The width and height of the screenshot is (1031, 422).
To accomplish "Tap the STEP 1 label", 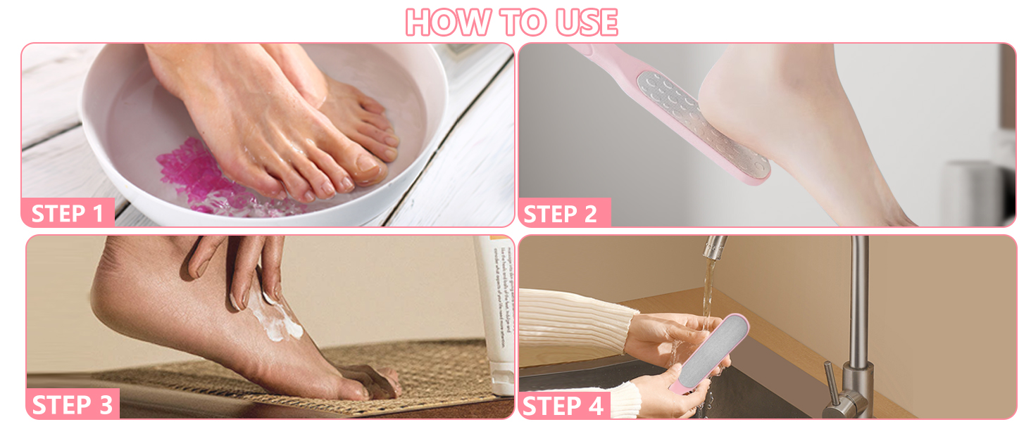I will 68,212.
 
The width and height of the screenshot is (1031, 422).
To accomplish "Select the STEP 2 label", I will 561,213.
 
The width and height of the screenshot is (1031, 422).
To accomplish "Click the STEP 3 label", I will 72,404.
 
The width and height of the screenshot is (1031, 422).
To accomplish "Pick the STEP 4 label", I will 563,405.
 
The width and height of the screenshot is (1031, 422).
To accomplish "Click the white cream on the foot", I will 278,320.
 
